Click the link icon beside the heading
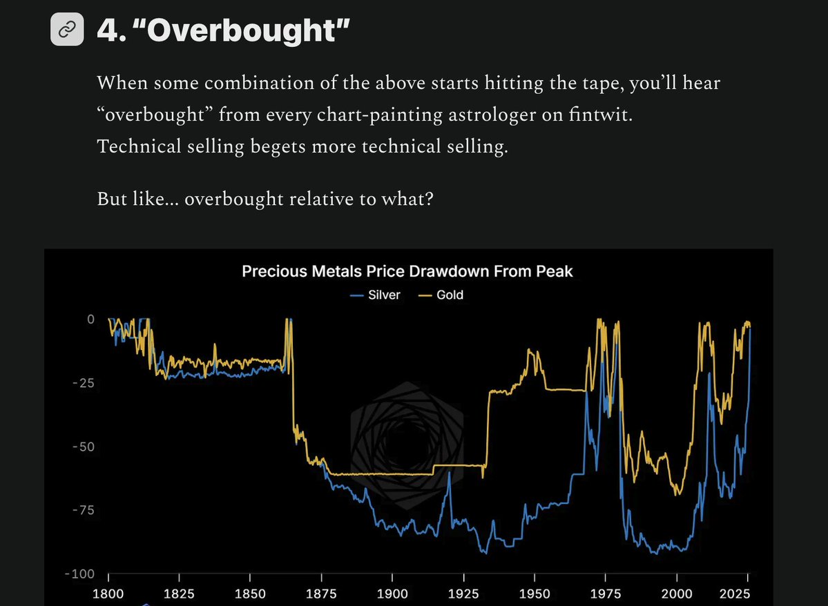[68, 29]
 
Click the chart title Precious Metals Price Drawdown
[407, 271]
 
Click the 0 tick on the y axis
[90, 320]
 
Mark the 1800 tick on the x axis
[108, 594]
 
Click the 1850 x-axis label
[250, 594]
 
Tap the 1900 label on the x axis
[392, 594]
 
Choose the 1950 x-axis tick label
[535, 594]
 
